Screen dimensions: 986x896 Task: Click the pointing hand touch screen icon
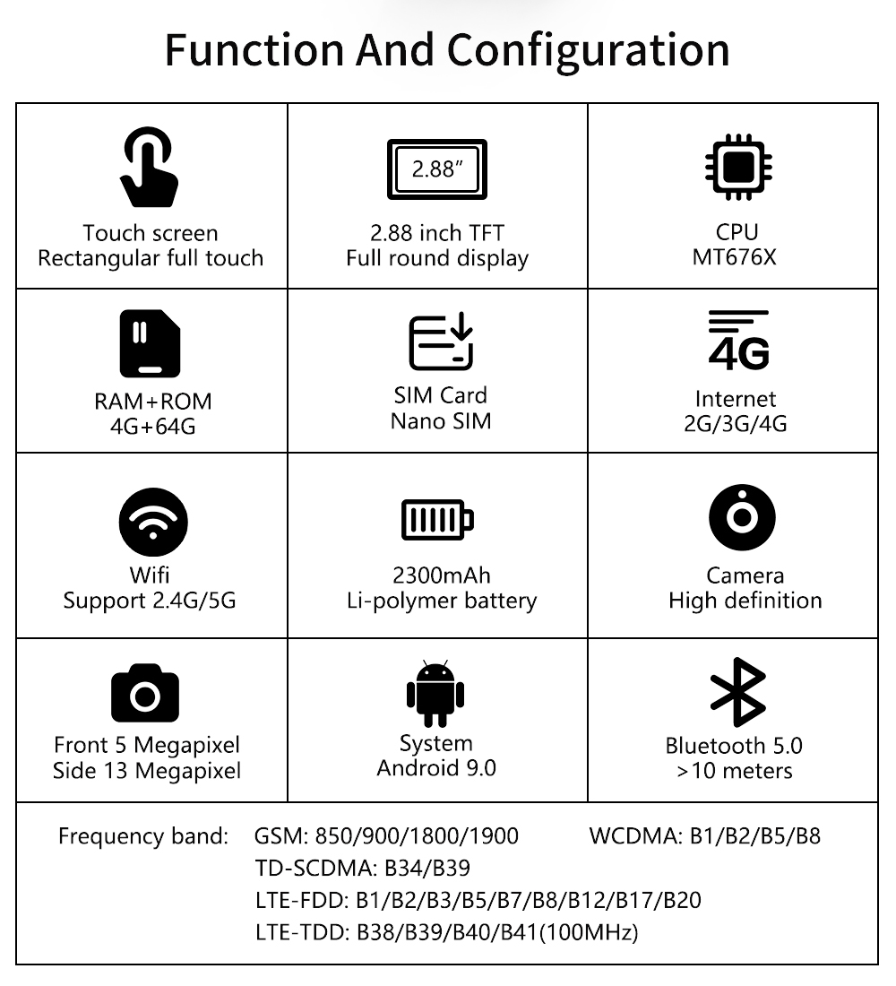coord(149,169)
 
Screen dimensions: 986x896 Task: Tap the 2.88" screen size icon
coord(436,169)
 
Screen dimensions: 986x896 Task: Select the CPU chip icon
coord(737,167)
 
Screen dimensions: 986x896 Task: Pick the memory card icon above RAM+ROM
coord(151,343)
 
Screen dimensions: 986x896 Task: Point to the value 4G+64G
coord(152,426)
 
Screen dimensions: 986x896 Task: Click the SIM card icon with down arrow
coord(440,342)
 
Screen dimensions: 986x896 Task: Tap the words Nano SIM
coord(441,420)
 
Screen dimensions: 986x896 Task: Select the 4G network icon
coord(737,342)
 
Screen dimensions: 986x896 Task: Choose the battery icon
coord(437,519)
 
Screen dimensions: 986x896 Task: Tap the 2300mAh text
coord(442,575)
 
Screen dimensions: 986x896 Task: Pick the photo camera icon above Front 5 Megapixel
coord(145,695)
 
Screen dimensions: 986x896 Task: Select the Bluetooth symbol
coord(737,692)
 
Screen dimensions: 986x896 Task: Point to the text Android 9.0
coord(436,768)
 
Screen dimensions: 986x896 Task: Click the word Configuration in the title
coord(589,49)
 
